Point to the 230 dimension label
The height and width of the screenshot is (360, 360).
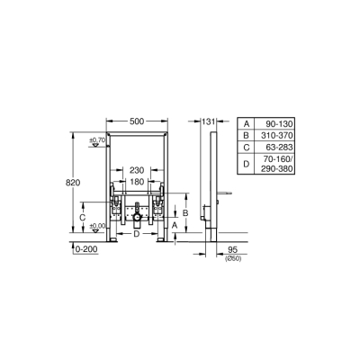point(136,169)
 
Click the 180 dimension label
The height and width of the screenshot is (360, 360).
point(136,182)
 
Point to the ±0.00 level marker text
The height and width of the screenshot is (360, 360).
point(95,225)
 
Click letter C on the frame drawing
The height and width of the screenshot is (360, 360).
point(83,217)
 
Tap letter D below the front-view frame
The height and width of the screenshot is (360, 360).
point(136,234)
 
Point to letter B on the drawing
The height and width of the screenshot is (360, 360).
point(184,212)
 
